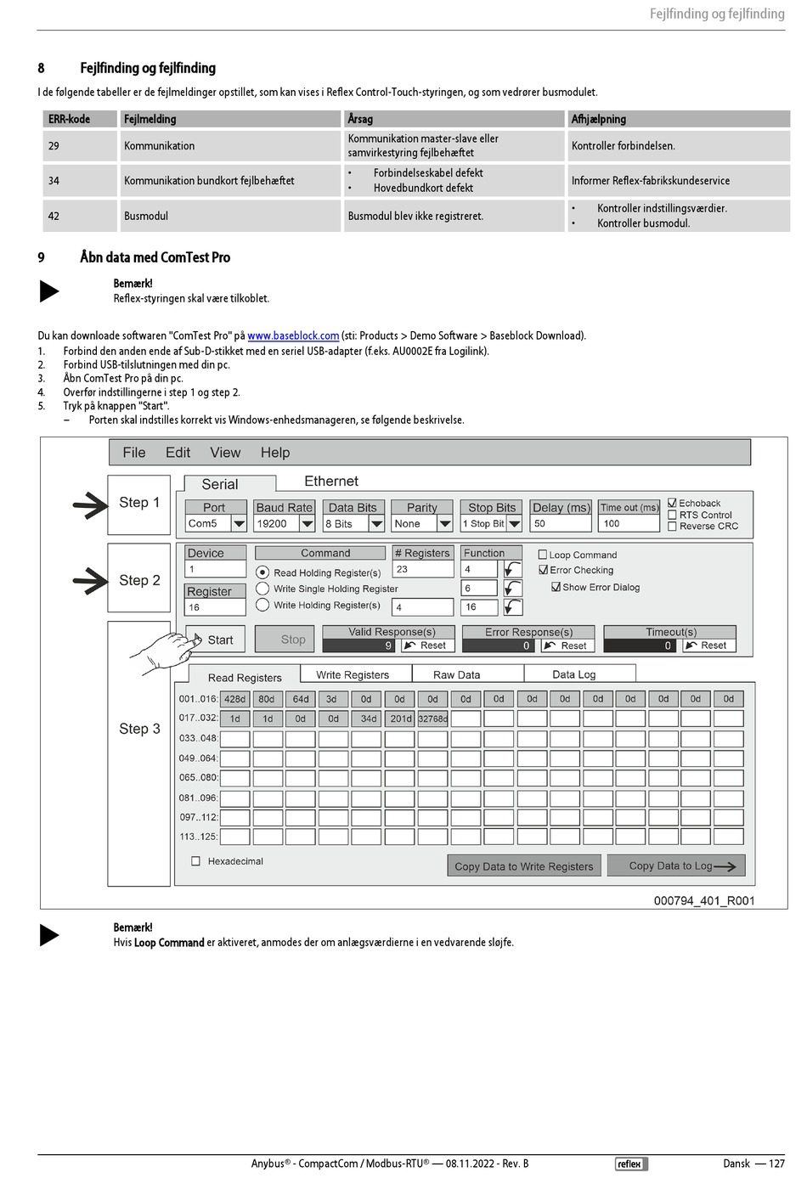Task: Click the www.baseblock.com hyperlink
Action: click(x=293, y=336)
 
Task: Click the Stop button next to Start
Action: click(x=292, y=640)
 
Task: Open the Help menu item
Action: click(x=274, y=453)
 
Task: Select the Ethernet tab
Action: click(x=330, y=482)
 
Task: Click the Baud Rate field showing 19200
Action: click(x=276, y=524)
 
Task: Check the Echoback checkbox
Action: click(x=673, y=503)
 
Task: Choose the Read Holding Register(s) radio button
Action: click(x=262, y=572)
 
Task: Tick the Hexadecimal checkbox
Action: click(x=196, y=861)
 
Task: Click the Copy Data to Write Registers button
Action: click(x=523, y=866)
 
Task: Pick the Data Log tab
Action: click(x=573, y=674)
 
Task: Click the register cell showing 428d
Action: click(x=234, y=699)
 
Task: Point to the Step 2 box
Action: click(x=139, y=580)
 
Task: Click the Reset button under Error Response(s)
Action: click(x=567, y=645)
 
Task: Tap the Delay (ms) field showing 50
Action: click(x=560, y=524)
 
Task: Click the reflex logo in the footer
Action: click(x=629, y=1164)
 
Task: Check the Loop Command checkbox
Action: click(x=543, y=555)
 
